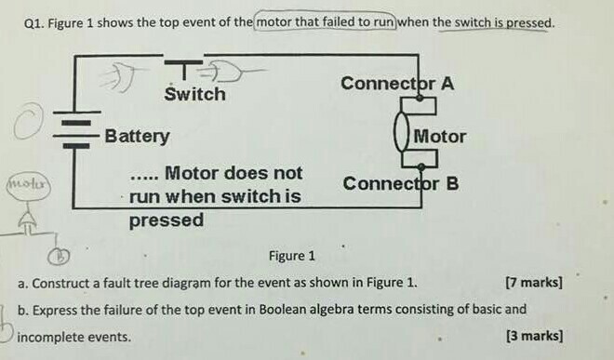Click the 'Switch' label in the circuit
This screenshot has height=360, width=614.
pos(194,95)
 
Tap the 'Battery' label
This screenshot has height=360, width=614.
pos(138,137)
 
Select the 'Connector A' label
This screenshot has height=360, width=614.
pos(397,84)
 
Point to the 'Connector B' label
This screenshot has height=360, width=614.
pos(400,183)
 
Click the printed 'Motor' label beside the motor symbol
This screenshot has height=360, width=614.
pos(440,137)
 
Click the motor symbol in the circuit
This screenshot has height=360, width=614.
pos(403,136)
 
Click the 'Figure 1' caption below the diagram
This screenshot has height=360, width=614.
pos(291,256)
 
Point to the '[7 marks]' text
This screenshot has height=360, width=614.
pos(532,282)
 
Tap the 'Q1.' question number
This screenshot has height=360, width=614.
pos(33,21)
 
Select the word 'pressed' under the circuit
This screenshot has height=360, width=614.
pos(166,220)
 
